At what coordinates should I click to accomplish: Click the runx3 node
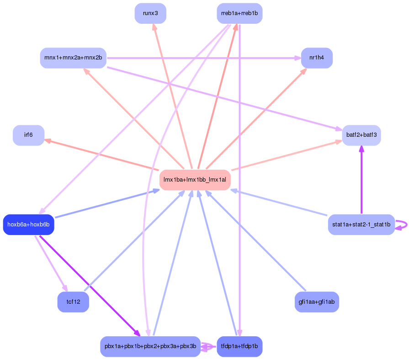pos(150,13)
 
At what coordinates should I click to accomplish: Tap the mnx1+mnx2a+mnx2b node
pos(73,58)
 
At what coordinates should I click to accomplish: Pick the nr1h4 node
pos(317,58)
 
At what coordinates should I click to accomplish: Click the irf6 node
pos(28,135)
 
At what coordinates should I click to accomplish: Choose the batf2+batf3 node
pos(361,135)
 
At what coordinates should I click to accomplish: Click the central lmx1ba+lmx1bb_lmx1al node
pos(195,180)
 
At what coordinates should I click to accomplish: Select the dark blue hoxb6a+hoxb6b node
pos(28,225)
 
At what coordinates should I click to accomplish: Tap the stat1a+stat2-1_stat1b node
pos(361,225)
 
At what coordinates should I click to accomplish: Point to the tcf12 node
pos(73,301)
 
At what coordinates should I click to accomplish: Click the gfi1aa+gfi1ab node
pos(317,301)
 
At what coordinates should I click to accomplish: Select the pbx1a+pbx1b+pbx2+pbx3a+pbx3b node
pos(150,346)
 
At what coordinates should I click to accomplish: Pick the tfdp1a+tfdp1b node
pos(239,346)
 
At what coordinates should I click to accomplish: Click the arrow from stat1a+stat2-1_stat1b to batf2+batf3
pos(361,183)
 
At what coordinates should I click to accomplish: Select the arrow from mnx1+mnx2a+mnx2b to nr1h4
pos(201,58)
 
